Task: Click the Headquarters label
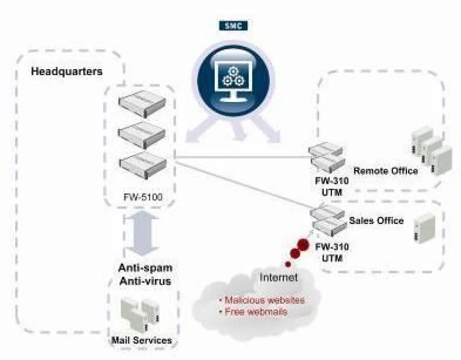[67, 72]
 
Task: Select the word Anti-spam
[145, 268]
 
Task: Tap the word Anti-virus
[145, 281]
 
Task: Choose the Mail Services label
[142, 340]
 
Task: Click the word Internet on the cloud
[279, 277]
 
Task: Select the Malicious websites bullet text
[262, 300]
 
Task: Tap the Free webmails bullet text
[253, 312]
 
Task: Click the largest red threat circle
[303, 244]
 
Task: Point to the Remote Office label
[385, 171]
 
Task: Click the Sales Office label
[376, 220]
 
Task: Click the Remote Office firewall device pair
[326, 157]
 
